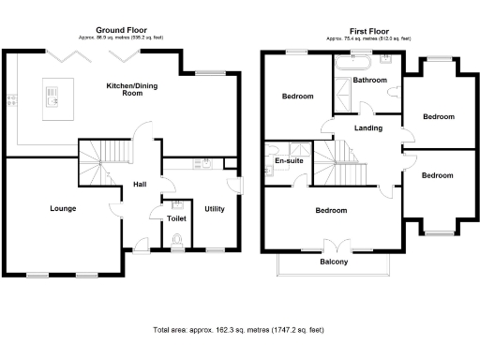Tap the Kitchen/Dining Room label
tap(130, 89)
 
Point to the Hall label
tap(140, 184)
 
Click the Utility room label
tap(215, 208)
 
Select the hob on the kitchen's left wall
tap(9, 98)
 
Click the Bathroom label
tap(372, 81)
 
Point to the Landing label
tap(367, 127)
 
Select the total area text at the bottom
tap(238, 331)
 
